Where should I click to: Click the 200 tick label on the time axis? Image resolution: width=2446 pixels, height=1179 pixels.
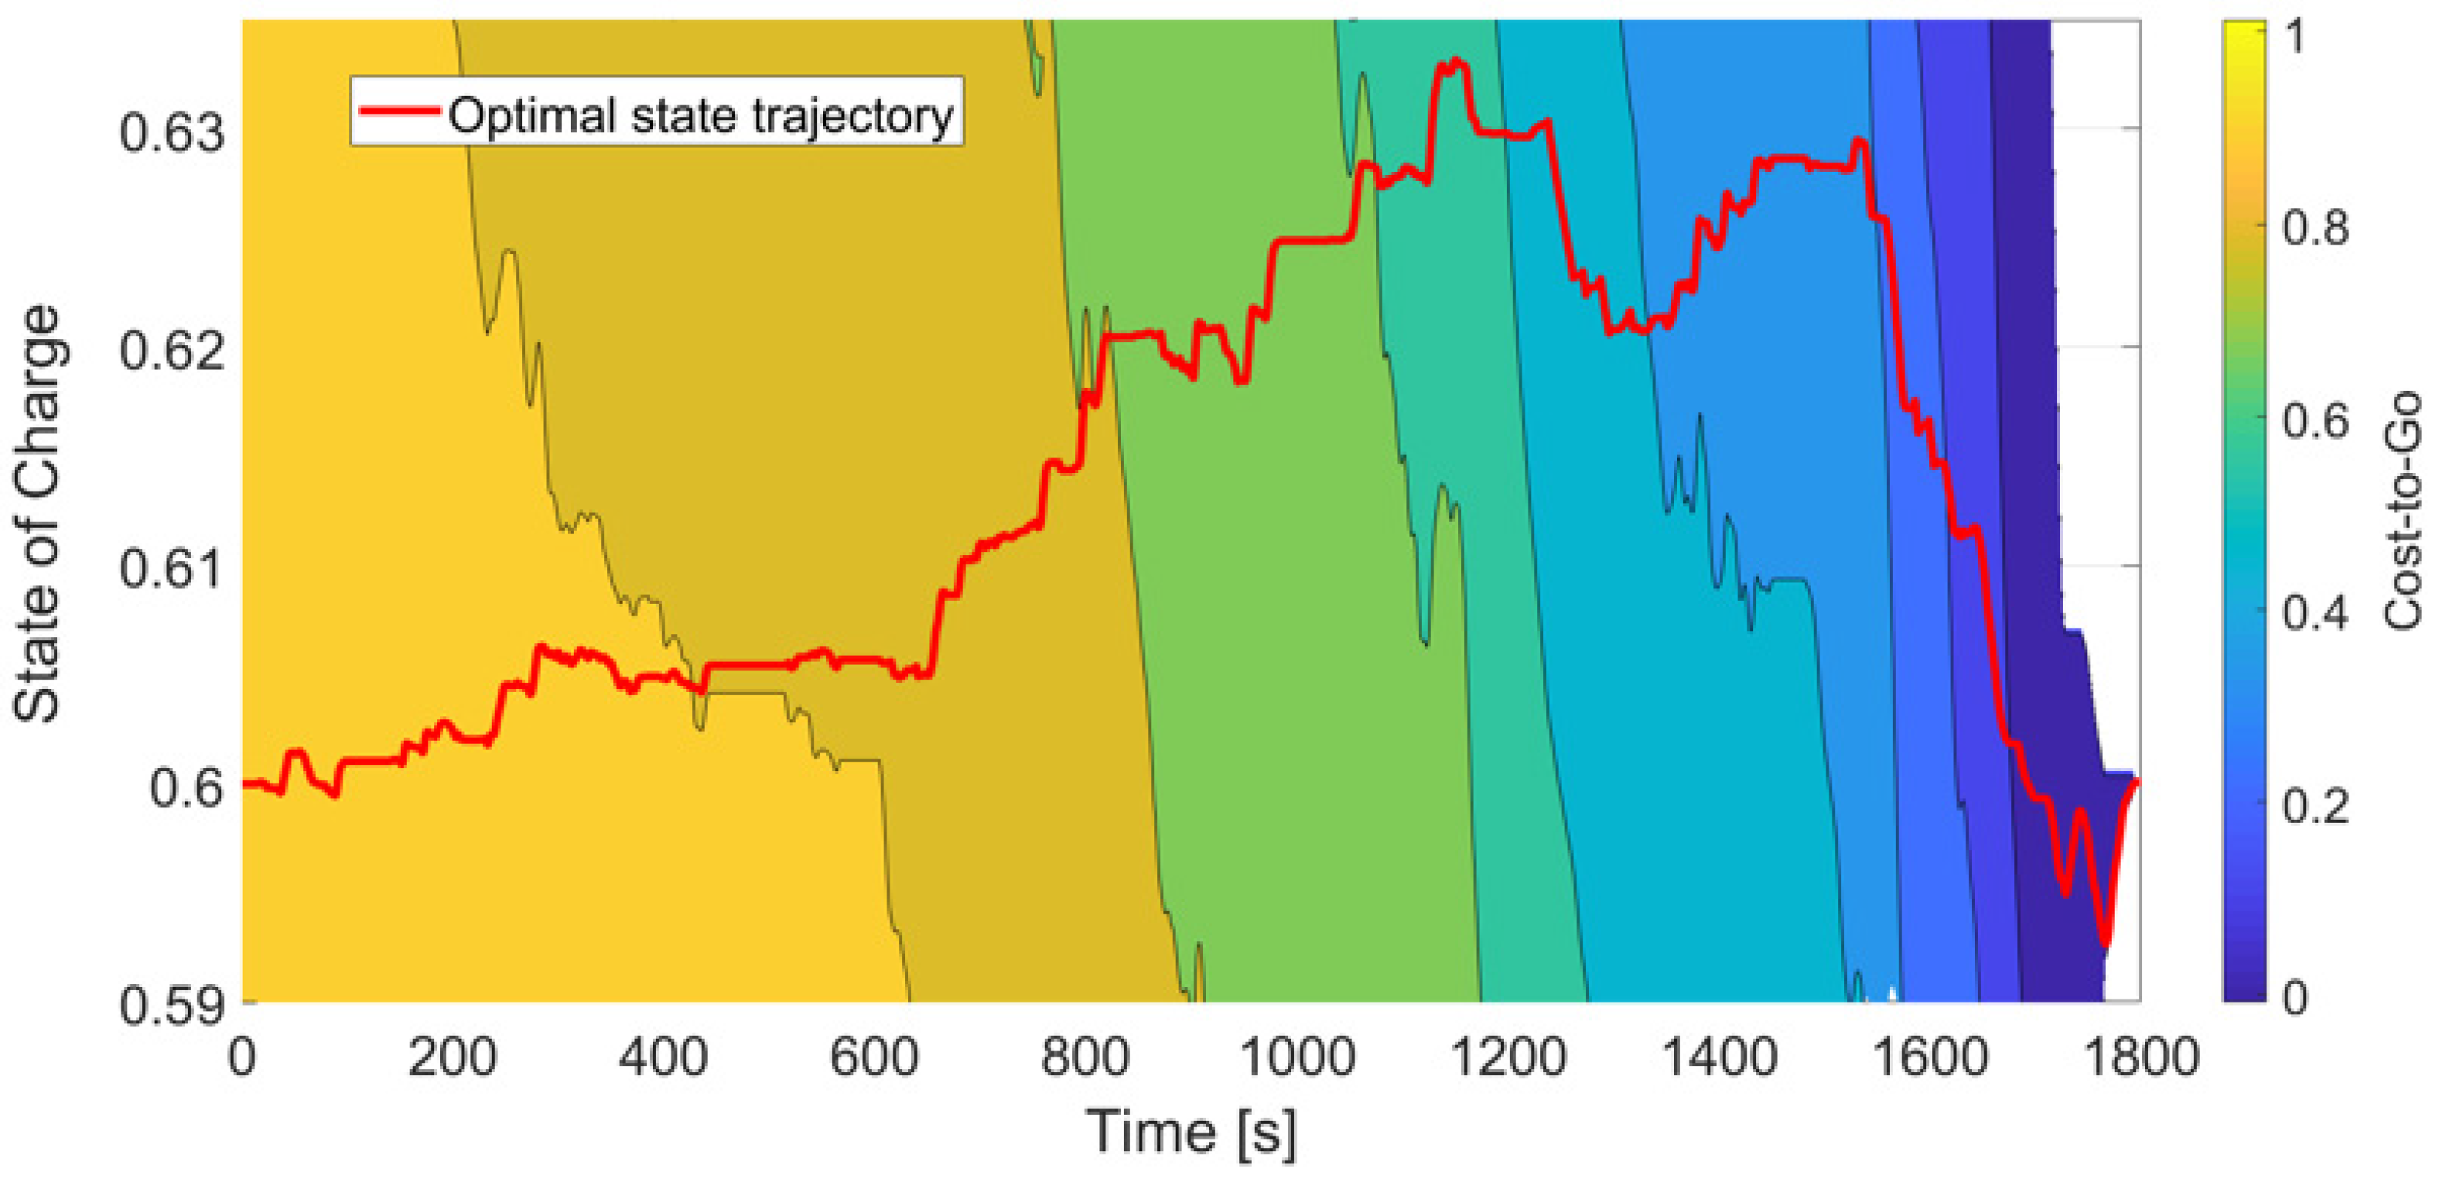pos(452,1057)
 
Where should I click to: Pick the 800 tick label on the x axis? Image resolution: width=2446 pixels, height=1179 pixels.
pos(1085,1057)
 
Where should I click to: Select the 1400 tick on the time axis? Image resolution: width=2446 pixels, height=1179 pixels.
pos(1719,1057)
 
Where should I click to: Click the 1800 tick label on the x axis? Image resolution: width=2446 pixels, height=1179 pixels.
pos(2140,1057)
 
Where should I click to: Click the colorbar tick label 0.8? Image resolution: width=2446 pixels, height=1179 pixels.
pos(2315,229)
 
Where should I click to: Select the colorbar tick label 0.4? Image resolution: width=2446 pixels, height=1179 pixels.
pos(2315,614)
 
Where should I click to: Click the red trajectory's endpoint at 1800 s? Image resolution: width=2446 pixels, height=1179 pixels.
pos(2137,782)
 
